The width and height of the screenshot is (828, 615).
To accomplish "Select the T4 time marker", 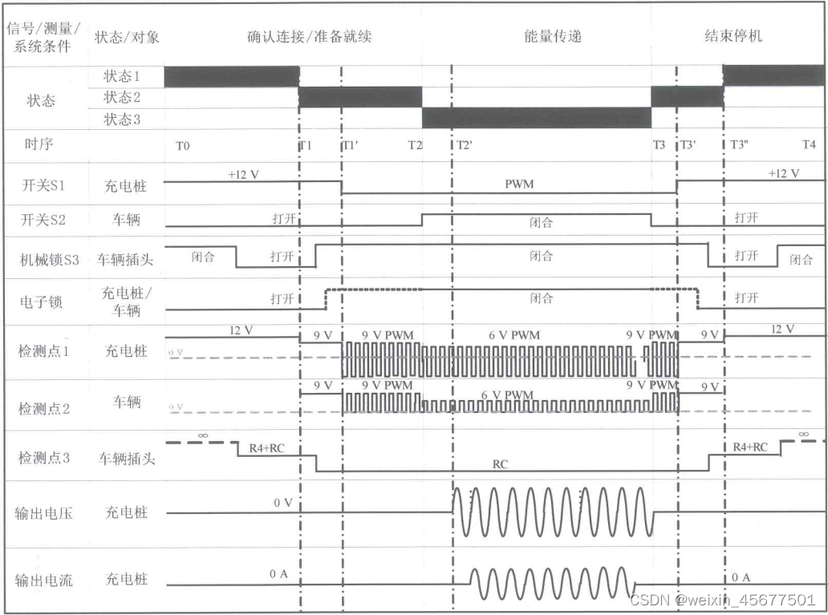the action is pyautogui.click(x=810, y=145).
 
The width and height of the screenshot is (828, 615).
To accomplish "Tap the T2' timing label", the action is pyautogui.click(x=464, y=146).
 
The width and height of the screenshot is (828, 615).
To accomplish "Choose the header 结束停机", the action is pyautogui.click(x=733, y=36).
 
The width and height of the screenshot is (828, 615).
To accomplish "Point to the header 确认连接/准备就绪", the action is pyautogui.click(x=309, y=36).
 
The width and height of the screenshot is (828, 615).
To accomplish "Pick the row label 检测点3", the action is pyautogui.click(x=44, y=458).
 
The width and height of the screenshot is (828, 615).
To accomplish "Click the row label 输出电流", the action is pyautogui.click(x=44, y=579).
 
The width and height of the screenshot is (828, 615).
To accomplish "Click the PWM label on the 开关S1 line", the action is pyautogui.click(x=519, y=184).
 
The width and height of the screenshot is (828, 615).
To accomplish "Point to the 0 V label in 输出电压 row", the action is pyautogui.click(x=283, y=502).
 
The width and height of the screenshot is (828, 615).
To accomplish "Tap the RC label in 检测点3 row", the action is pyautogui.click(x=499, y=463).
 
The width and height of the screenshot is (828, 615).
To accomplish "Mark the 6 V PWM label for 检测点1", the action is pyautogui.click(x=513, y=334).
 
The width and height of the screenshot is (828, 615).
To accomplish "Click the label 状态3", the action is pyautogui.click(x=122, y=119).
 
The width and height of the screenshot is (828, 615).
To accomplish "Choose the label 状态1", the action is pyautogui.click(x=122, y=77).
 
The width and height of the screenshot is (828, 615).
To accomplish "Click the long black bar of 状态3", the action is pyautogui.click(x=536, y=118).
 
